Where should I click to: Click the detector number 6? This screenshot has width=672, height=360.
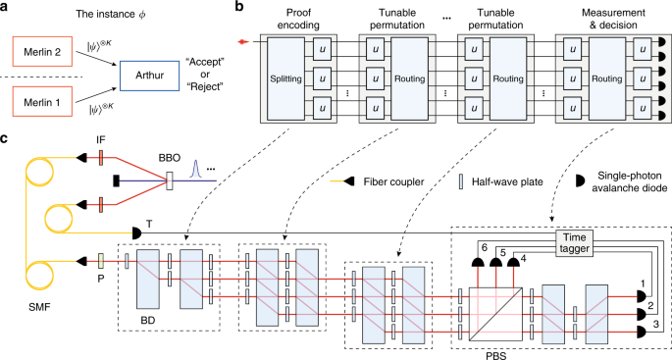pyautogui.click(x=483, y=246)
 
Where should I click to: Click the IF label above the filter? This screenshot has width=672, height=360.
pyautogui.click(x=100, y=141)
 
